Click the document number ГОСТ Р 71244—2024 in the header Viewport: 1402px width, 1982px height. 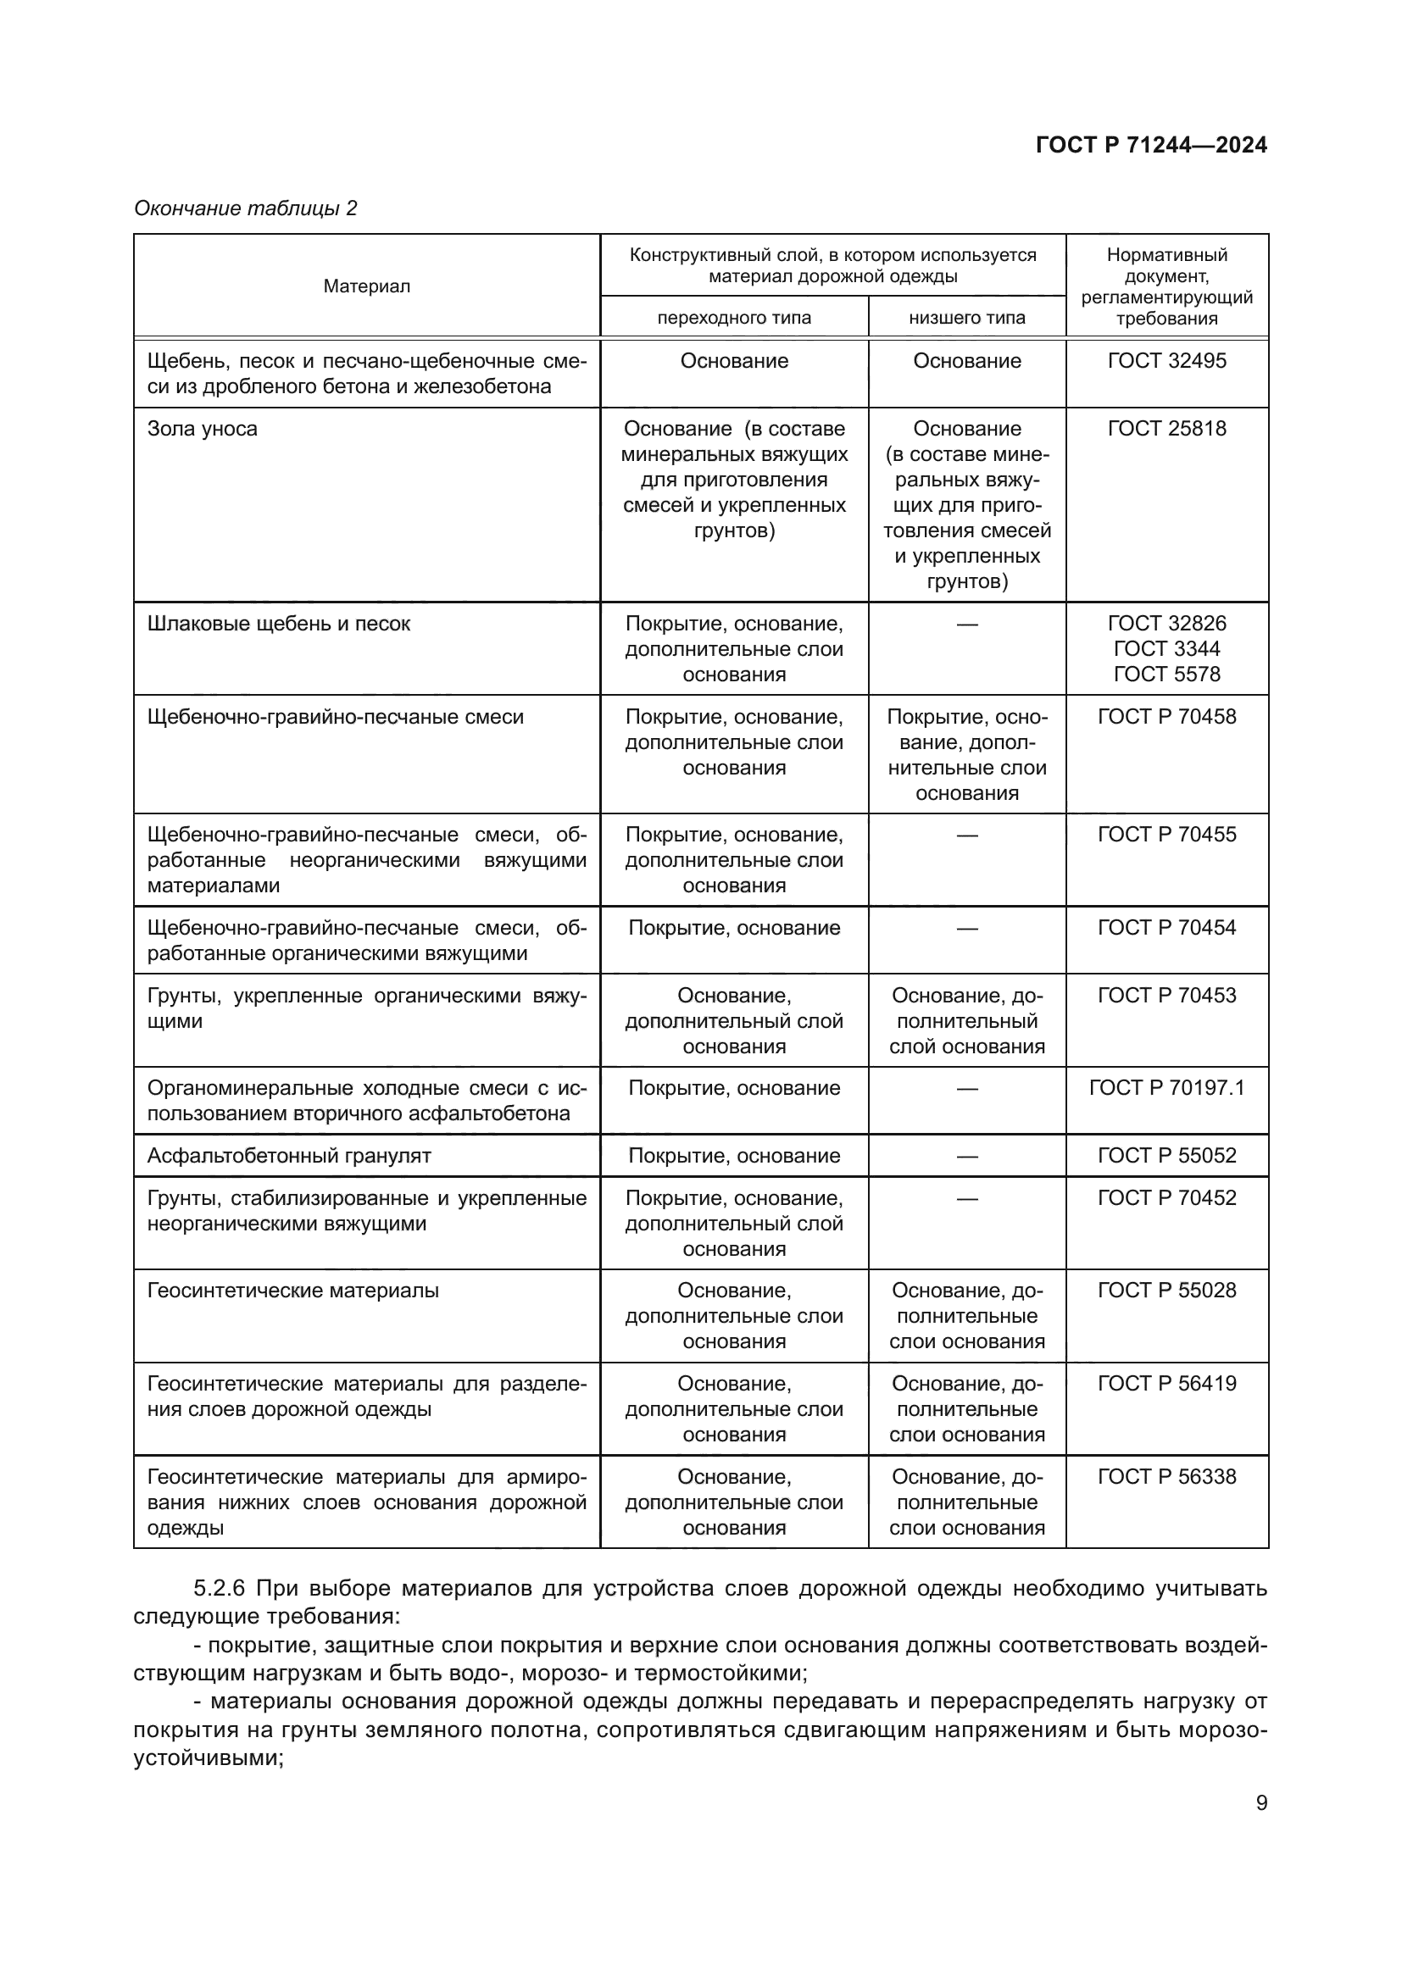[1151, 145]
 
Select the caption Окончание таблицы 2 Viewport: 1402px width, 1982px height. [245, 208]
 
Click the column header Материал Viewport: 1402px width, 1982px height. [366, 286]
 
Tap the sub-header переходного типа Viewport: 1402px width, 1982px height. [734, 318]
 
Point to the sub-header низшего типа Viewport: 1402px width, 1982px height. [967, 318]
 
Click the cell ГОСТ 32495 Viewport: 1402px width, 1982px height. [1166, 361]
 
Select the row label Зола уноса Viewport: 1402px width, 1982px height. [202, 429]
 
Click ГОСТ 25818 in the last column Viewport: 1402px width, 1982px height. [1166, 429]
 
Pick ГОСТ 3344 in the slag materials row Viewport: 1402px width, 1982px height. [1166, 649]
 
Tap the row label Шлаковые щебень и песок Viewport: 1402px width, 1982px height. [278, 625]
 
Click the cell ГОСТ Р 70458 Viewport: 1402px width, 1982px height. [1166, 718]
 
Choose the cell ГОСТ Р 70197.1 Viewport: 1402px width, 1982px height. [1166, 1089]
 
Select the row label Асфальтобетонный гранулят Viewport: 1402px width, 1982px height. [288, 1156]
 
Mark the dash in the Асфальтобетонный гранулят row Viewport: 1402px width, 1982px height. [967, 1156]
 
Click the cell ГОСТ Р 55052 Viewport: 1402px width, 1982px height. [1166, 1156]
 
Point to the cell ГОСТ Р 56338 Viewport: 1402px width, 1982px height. [1166, 1477]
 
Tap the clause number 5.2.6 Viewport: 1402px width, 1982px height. [220, 1589]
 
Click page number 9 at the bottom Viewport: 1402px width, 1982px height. [1261, 1803]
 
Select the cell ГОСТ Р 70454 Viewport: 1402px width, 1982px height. [1166, 928]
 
